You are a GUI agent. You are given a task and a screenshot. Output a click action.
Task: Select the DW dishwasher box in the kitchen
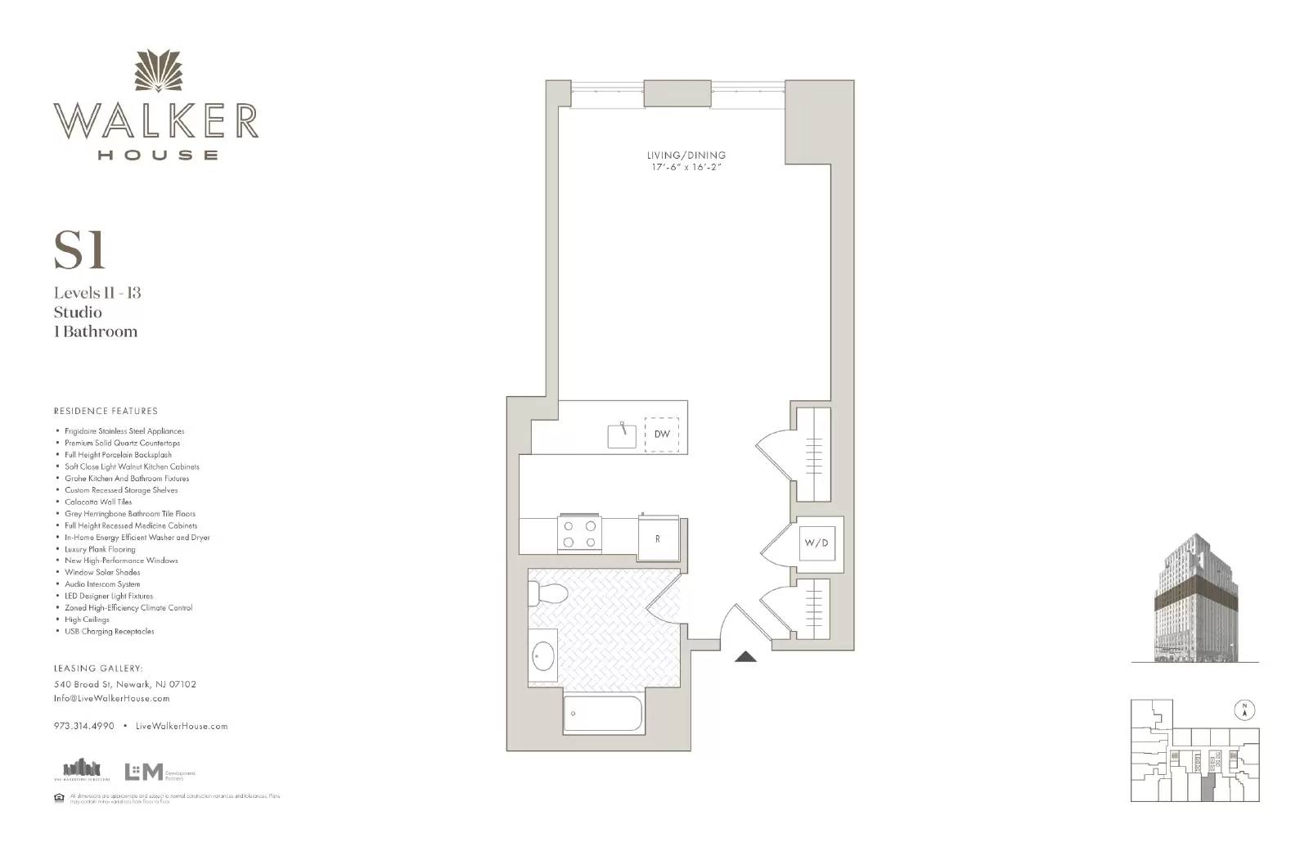662,435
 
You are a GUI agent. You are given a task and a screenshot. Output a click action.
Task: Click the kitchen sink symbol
622,435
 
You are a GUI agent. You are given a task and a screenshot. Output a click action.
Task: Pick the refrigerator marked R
658,538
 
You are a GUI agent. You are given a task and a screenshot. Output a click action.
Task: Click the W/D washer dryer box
816,543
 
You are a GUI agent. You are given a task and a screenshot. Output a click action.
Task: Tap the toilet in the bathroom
542,592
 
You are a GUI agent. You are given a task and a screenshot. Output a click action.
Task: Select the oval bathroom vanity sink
543,656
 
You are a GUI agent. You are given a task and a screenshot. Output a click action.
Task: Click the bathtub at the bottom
605,714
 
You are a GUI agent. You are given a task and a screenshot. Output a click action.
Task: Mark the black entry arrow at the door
744,656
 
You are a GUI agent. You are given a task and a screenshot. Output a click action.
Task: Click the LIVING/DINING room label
685,155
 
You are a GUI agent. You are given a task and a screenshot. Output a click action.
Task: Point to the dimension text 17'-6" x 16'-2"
685,168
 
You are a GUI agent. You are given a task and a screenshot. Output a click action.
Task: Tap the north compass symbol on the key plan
1244,710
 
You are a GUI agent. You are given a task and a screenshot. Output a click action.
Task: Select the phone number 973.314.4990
84,726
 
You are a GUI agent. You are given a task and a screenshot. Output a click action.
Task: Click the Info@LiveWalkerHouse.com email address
112,698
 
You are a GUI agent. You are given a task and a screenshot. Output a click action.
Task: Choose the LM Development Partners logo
159,772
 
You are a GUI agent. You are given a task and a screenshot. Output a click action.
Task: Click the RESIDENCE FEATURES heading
106,411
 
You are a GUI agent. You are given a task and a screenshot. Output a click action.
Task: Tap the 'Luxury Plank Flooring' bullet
100,549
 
